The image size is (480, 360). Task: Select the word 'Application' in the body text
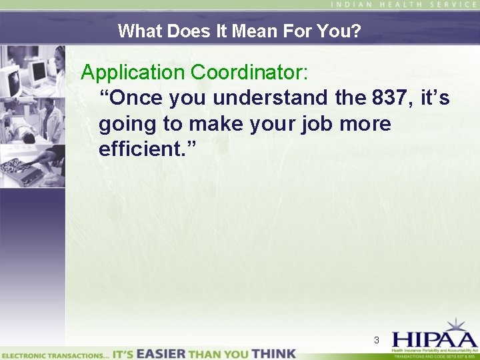coord(134,71)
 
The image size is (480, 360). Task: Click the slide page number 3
coord(377,341)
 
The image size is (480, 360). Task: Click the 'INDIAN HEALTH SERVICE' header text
coord(404,5)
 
